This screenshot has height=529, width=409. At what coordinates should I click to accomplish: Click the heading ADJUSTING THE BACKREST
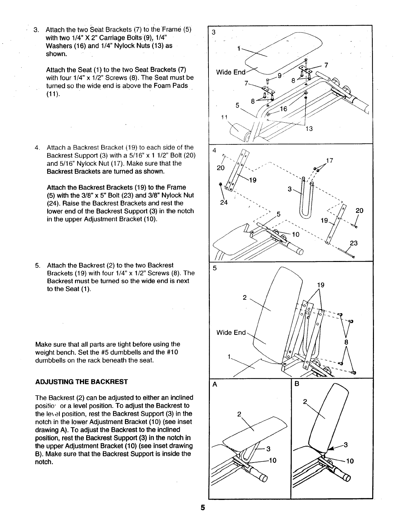pyautogui.click(x=82, y=382)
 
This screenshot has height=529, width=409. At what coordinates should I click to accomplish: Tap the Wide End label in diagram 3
pyautogui.click(x=231, y=72)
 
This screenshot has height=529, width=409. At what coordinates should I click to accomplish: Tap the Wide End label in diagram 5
pyautogui.click(x=231, y=333)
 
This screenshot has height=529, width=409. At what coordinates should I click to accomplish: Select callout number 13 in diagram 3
pyautogui.click(x=309, y=129)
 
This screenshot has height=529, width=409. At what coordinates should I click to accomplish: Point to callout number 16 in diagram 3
pyautogui.click(x=283, y=109)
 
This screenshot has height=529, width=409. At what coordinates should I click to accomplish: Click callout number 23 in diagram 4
pyautogui.click(x=354, y=243)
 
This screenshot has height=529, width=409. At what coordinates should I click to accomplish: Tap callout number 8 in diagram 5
pyautogui.click(x=346, y=342)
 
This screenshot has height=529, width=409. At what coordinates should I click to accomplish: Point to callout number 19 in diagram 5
pyautogui.click(x=320, y=285)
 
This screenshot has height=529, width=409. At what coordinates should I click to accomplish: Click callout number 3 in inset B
pyautogui.click(x=346, y=445)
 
